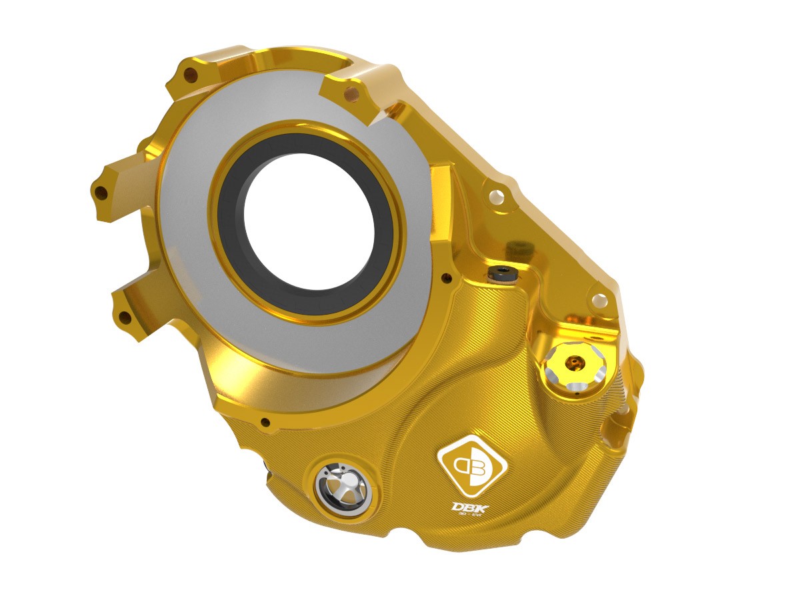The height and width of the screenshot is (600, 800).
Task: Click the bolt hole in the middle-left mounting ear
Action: (x=101, y=193)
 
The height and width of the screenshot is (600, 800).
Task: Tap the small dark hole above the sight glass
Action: (x=265, y=422)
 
